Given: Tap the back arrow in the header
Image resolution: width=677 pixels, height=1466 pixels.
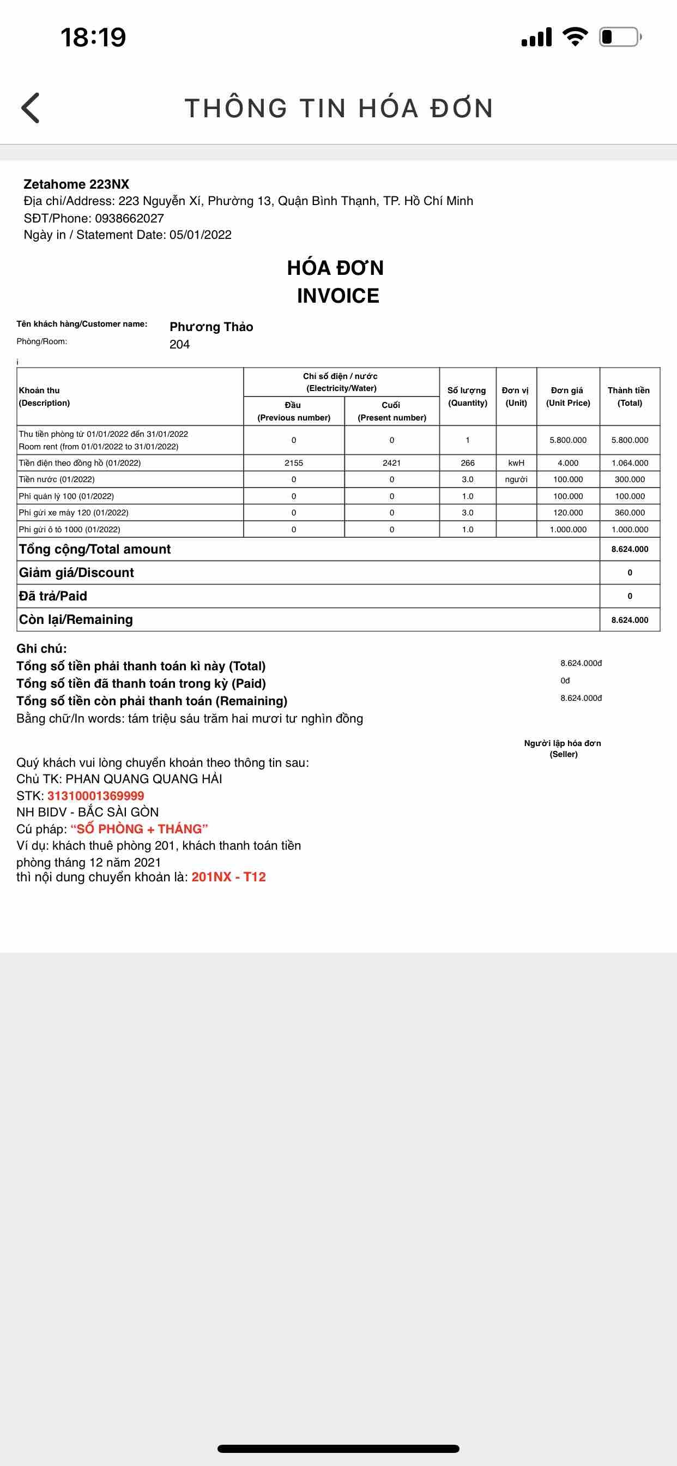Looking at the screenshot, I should [31, 107].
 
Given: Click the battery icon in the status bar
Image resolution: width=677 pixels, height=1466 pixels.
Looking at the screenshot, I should [619, 38].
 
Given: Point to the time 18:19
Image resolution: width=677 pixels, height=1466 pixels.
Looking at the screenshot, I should [93, 38].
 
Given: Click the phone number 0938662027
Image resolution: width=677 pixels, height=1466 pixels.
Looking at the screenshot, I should [129, 218].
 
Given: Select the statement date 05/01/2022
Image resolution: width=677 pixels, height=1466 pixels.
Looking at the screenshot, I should [200, 235].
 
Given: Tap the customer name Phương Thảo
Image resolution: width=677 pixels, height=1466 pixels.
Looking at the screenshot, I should [211, 327].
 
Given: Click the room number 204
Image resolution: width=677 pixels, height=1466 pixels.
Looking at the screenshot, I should [179, 344].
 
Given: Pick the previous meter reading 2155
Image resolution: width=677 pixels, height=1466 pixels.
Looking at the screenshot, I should [294, 462].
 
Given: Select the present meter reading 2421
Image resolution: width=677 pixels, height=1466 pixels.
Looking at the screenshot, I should [391, 462].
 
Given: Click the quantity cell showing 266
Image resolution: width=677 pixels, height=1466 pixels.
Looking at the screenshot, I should [468, 462].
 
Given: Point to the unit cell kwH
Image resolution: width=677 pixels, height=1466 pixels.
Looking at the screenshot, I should [516, 462].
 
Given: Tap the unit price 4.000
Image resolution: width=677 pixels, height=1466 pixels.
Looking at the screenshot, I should [568, 462].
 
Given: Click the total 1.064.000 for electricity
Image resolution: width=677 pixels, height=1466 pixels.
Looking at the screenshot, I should [630, 462].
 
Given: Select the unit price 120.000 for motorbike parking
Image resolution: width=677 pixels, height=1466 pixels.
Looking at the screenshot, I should [568, 512].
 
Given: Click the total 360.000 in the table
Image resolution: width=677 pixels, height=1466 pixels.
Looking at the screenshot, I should [630, 512].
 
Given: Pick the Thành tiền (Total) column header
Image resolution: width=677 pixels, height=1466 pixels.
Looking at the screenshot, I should [628, 396].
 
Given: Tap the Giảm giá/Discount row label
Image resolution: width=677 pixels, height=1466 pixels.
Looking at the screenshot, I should [76, 573].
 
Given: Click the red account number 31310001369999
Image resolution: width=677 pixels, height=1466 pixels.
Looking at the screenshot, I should [95, 796].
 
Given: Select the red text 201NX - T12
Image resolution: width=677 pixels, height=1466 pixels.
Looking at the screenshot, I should [229, 876].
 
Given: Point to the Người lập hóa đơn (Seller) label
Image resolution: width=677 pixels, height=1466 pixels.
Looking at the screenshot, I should [563, 748].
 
